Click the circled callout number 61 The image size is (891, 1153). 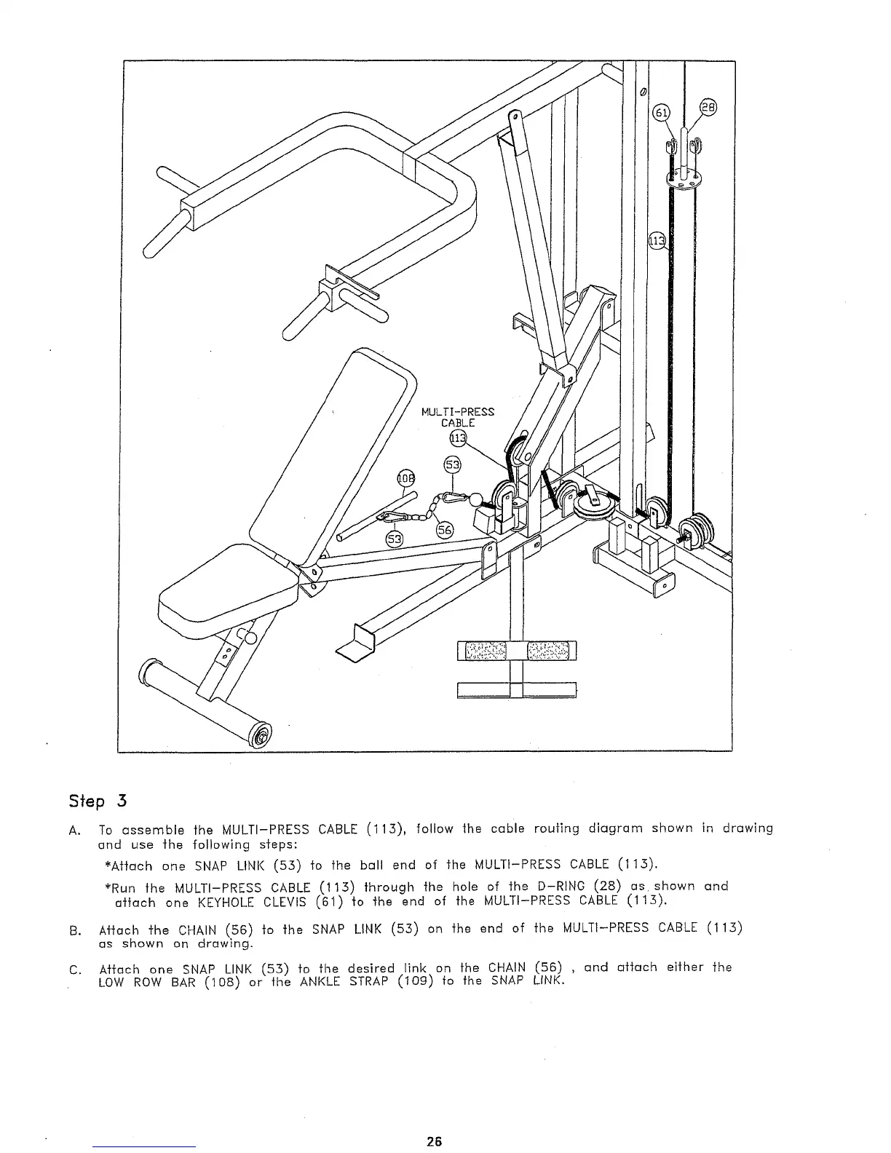pos(660,113)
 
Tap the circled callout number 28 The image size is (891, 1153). pos(708,106)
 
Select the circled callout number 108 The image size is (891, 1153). pos(404,478)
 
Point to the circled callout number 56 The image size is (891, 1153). pos(443,530)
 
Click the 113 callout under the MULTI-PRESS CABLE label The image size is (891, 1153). pos(457,438)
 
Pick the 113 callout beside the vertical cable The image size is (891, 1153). pos(657,242)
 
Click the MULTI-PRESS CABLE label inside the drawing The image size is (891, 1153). pos(458,417)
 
